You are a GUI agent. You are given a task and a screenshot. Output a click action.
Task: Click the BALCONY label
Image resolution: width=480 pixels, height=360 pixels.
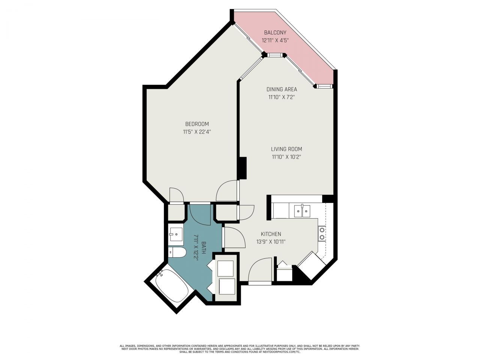coord(275,33)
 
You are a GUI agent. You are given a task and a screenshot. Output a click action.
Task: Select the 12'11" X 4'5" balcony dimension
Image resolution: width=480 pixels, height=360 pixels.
coord(275,40)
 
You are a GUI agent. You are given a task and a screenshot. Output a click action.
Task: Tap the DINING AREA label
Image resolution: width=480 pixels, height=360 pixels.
coord(282,89)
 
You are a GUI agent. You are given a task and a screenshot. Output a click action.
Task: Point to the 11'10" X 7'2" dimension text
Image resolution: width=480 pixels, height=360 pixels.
coord(282,97)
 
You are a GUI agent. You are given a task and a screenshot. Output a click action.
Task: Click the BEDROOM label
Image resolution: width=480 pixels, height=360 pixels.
coord(197,124)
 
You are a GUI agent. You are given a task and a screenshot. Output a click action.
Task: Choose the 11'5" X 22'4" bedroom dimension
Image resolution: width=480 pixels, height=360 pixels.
coord(197,132)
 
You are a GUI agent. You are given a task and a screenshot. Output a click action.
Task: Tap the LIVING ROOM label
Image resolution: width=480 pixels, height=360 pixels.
coord(286,149)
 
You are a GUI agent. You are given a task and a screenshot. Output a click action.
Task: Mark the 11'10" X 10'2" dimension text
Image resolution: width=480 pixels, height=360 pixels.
coord(286,157)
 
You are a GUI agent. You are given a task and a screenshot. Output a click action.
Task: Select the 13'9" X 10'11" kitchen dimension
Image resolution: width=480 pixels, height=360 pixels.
coord(271,242)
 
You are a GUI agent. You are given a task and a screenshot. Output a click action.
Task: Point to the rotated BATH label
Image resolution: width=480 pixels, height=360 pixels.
coord(204,248)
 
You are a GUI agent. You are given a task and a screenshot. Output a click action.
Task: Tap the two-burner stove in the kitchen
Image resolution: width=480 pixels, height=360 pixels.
coord(322,233)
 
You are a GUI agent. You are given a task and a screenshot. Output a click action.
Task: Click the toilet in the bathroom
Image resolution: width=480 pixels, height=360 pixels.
coord(177,252)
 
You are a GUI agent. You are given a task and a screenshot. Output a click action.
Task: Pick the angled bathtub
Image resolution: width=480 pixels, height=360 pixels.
coord(171,286)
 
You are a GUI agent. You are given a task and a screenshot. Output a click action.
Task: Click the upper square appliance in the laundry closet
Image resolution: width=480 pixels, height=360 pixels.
coord(225,268)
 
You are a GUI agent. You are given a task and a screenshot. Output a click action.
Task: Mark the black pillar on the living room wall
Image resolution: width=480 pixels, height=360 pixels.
coord(243,168)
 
